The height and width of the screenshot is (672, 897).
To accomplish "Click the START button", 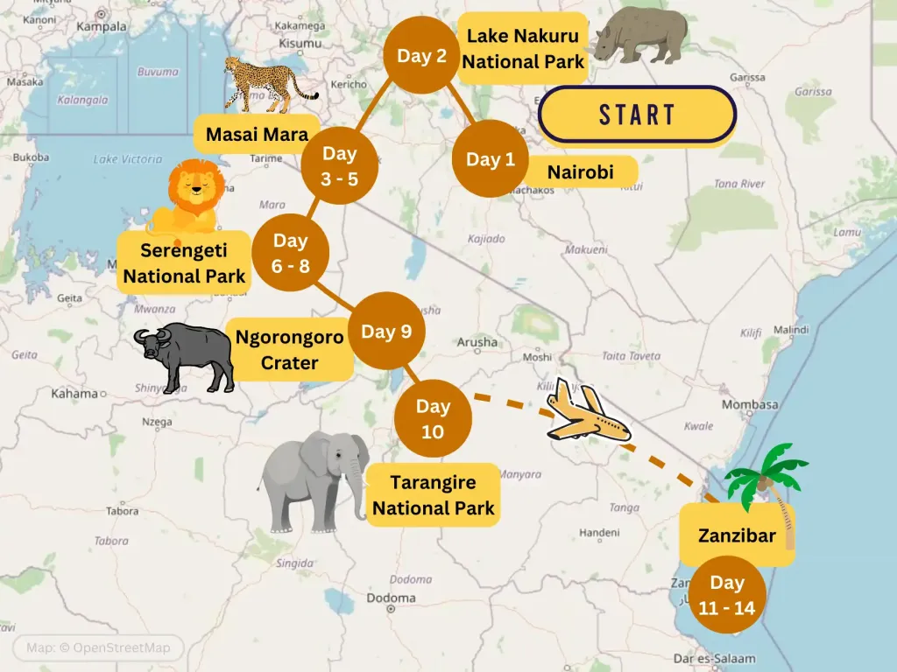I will coord(637,115).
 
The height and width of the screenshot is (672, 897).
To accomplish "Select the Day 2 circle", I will coord(422,56).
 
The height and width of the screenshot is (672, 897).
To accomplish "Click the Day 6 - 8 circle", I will coord(290,252).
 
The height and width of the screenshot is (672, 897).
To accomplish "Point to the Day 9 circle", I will coord(386,331).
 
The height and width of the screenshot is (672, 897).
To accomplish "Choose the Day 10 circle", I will coord(433,418).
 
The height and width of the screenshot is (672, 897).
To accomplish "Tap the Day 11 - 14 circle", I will coord(727,594).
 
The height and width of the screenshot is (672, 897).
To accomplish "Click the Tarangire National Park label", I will coord(433,494).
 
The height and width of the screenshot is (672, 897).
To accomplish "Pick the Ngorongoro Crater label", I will coord(289,349).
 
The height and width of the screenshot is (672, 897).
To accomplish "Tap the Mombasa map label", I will coord(750,404).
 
